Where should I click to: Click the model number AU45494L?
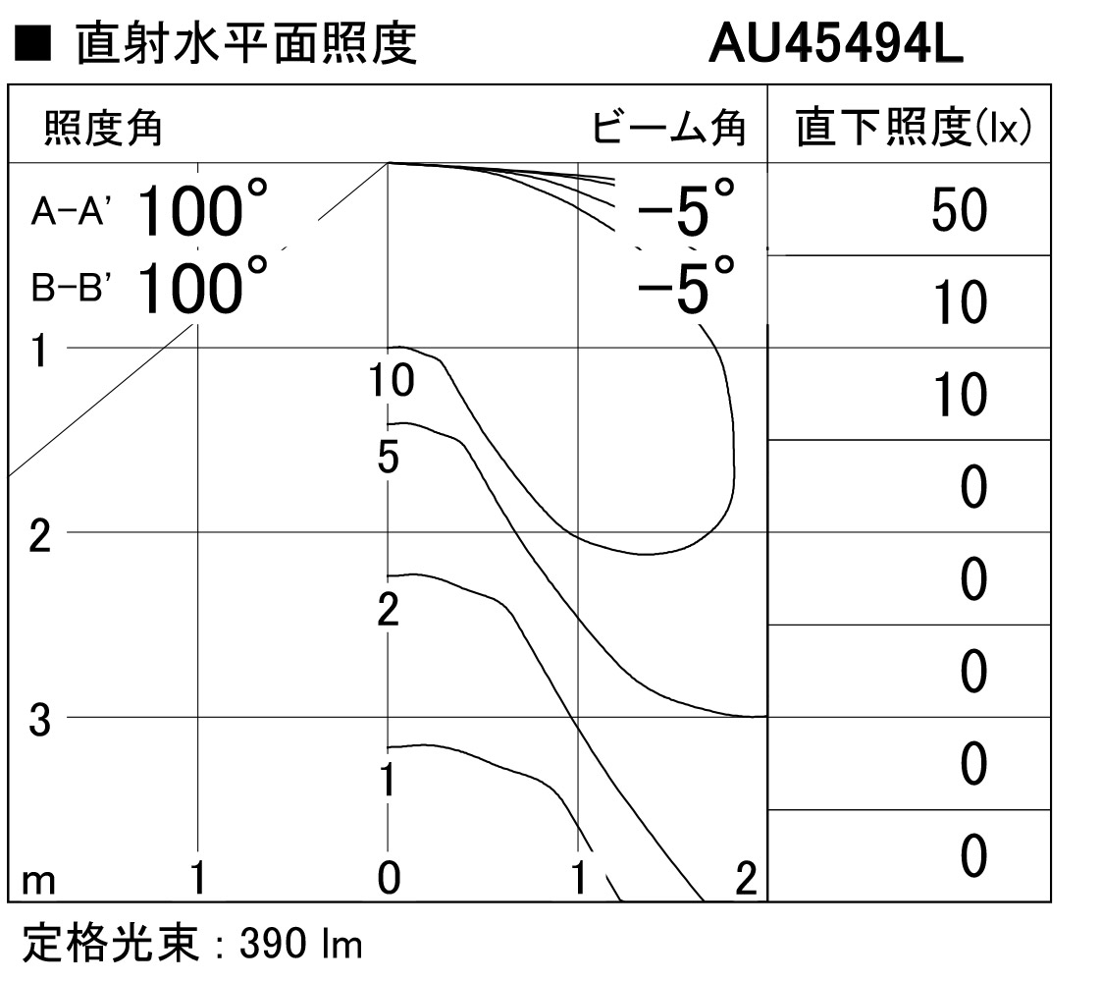click(836, 43)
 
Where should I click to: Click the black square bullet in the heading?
click(32, 43)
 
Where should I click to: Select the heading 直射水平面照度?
click(246, 43)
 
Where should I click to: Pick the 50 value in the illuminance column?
click(959, 210)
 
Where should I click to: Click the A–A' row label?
click(68, 210)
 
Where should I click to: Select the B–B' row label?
click(70, 288)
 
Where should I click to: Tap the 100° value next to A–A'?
click(202, 209)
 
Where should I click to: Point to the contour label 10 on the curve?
click(392, 380)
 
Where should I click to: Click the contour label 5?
click(389, 457)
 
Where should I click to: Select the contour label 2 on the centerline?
click(389, 609)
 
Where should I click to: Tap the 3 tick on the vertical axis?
click(40, 721)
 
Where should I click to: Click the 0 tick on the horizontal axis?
click(389, 878)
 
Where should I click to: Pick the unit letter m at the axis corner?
click(38, 881)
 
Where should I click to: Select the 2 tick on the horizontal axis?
click(747, 878)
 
